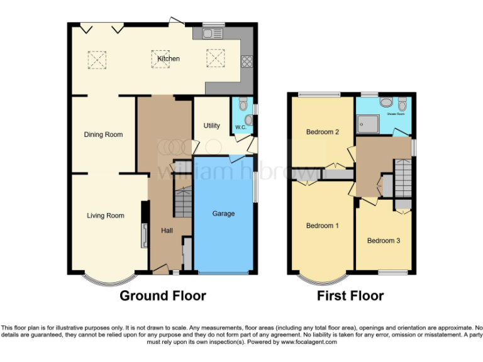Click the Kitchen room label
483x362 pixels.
(168, 58)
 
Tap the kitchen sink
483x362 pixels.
(213, 33)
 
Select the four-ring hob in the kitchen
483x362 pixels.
(247, 62)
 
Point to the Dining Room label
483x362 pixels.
(103, 134)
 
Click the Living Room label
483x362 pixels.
(105, 216)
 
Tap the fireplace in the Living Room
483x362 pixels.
(145, 236)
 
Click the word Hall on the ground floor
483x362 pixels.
(167, 231)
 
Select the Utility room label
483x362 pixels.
(212, 126)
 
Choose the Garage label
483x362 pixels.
(223, 214)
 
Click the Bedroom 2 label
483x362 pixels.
(323, 132)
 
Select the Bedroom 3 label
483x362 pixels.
(384, 241)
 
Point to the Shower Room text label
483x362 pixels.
(396, 114)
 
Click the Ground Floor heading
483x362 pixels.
(163, 295)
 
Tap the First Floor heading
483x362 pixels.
(350, 295)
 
